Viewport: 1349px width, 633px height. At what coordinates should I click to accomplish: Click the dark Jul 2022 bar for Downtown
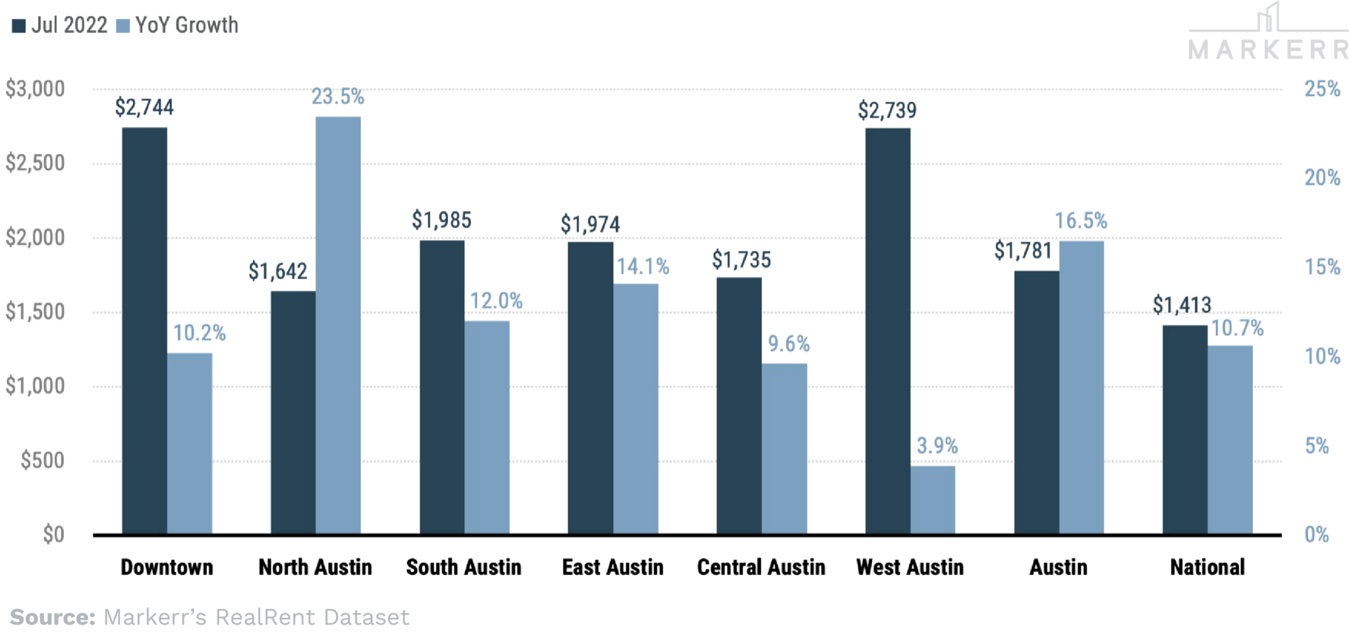coord(144,329)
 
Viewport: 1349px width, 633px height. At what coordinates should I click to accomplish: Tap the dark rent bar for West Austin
coord(887,329)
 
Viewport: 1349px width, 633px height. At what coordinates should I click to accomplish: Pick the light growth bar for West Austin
coord(933,499)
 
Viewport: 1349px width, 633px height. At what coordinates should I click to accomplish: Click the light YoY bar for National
coord(1230,439)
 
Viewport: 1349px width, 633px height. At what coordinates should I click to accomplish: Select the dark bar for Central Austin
coord(739,404)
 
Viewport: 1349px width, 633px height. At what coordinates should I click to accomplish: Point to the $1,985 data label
coord(442,220)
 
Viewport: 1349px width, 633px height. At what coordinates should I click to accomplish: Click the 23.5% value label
coord(338,97)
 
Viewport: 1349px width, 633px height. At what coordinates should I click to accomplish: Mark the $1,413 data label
coord(1182,304)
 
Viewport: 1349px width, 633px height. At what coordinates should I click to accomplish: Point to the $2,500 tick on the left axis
coord(36,163)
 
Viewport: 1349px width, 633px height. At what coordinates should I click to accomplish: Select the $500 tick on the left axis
coord(43,460)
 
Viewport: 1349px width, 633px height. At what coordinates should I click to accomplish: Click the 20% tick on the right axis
coord(1322,178)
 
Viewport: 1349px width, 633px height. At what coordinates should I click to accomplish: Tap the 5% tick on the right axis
coord(1317,446)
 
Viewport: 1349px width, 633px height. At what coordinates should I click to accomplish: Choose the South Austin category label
coord(464,567)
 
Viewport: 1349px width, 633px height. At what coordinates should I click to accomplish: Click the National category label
coord(1207,567)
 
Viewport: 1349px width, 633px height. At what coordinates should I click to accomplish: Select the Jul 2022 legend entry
coord(61,26)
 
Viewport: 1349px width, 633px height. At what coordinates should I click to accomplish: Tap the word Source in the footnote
coord(53,618)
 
